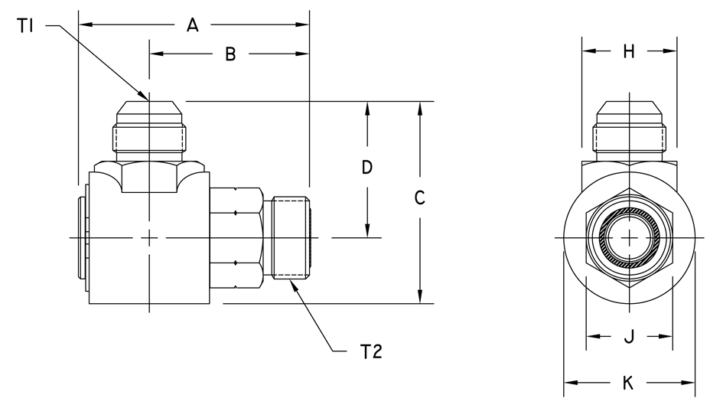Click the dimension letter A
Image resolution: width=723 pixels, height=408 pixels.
(193, 26)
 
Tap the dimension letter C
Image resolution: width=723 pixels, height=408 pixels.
(419, 198)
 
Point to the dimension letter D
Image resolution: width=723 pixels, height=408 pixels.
(367, 168)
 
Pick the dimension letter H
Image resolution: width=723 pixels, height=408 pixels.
(629, 52)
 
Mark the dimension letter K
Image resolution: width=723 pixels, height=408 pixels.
(629, 384)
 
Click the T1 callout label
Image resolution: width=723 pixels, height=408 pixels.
(25, 27)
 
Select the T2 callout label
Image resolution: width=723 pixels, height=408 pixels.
(370, 352)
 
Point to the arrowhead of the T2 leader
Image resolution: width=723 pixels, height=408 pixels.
(291, 282)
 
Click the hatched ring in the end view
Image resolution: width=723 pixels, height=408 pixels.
(629, 238)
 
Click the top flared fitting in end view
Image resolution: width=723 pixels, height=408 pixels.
(629, 130)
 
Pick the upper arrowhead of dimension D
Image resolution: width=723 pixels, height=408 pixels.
(368, 108)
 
